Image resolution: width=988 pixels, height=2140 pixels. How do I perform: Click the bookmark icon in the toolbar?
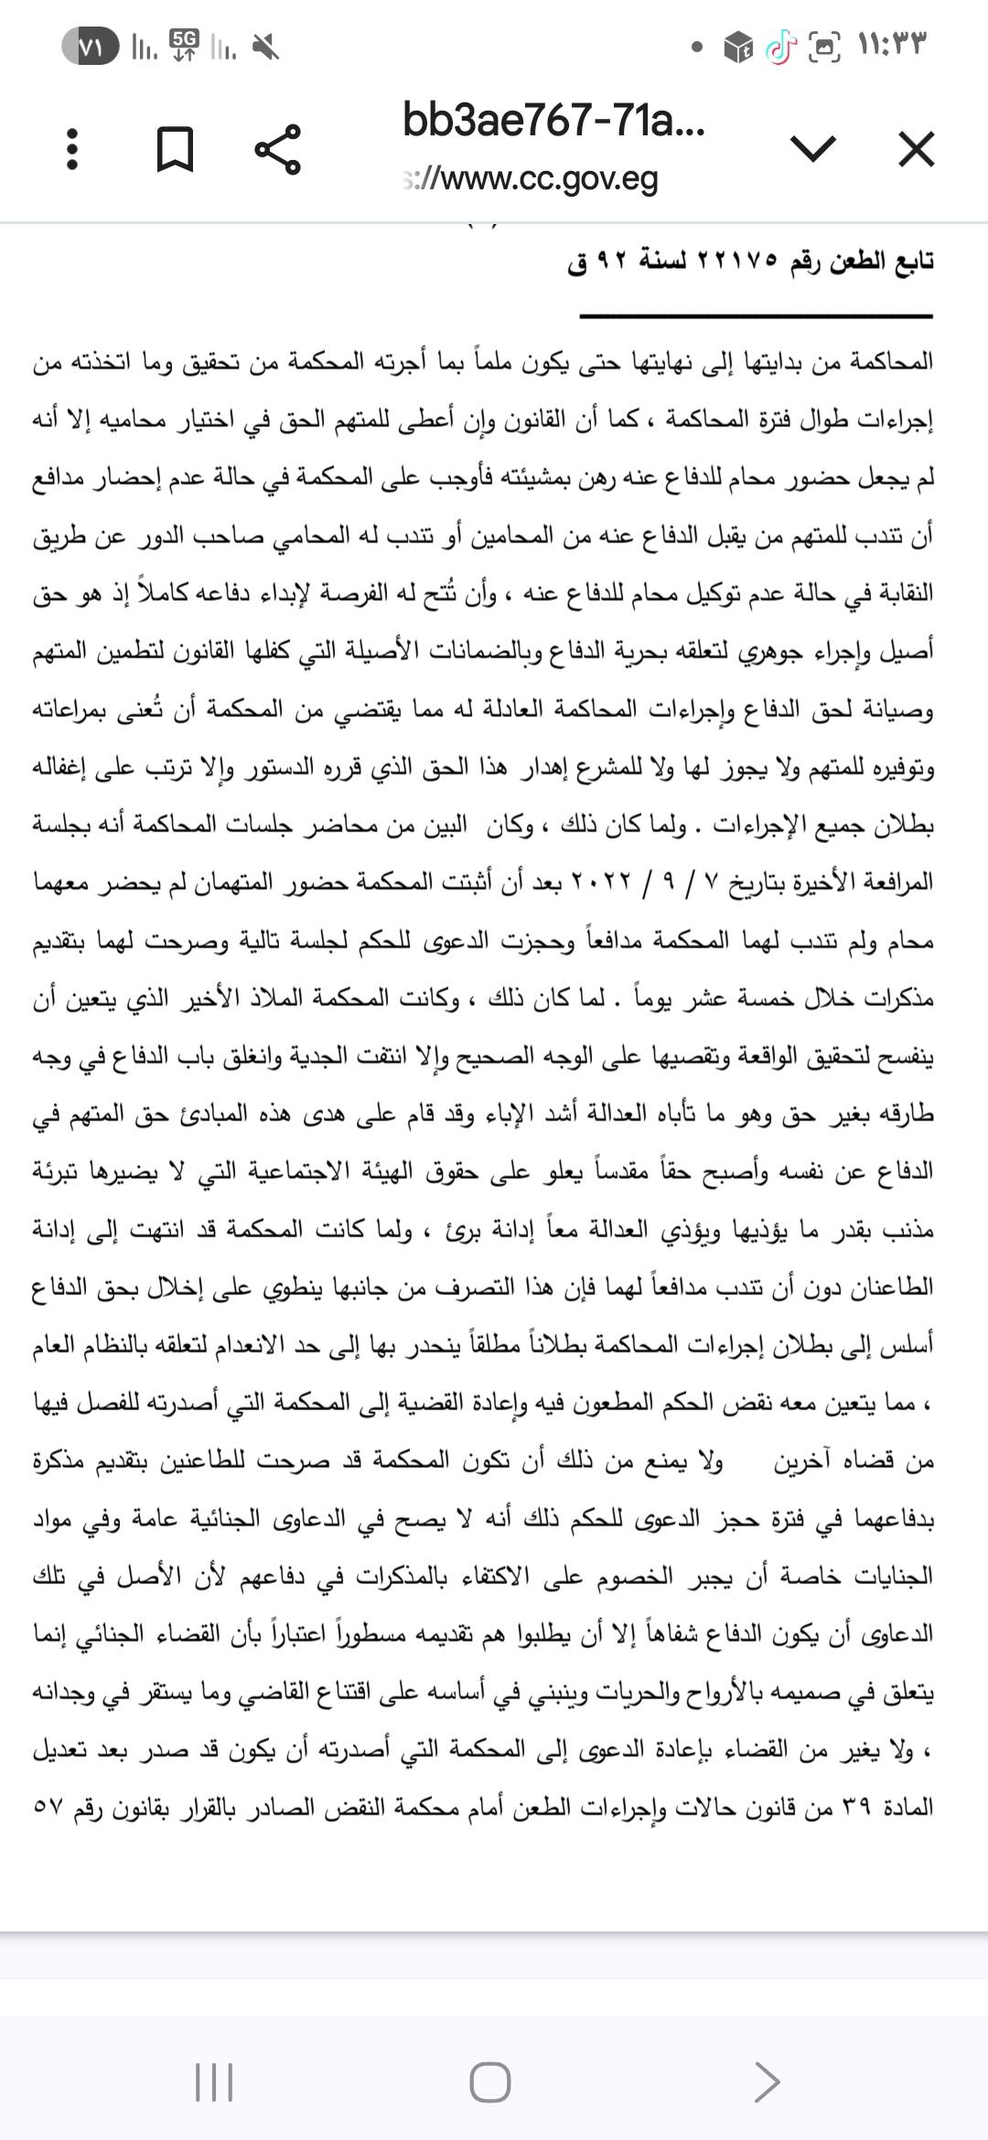[175, 149]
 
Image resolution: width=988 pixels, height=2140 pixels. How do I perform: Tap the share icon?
[277, 148]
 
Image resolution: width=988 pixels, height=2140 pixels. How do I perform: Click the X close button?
[916, 149]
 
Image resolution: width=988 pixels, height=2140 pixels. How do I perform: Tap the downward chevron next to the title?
[812, 149]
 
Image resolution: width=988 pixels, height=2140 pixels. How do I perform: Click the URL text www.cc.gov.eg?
[531, 179]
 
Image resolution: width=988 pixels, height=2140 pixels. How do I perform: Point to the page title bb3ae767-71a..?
[553, 122]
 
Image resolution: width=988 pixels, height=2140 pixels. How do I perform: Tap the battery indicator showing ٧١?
[91, 47]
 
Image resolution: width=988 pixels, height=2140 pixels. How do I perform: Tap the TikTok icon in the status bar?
[780, 47]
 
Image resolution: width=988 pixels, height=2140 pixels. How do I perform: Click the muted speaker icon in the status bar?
[265, 47]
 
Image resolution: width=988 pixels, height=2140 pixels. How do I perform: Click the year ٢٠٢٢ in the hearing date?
[601, 883]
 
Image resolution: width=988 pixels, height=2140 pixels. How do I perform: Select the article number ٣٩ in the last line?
[853, 1808]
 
